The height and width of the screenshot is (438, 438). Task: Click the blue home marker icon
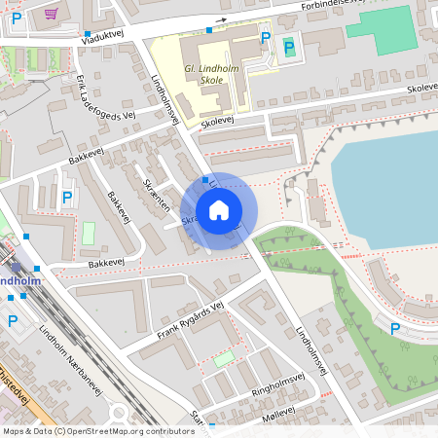[x=219, y=210]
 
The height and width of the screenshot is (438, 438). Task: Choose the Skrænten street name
[x=157, y=195]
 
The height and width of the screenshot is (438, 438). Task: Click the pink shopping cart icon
[x=50, y=13]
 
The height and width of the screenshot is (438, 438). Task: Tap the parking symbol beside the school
[x=266, y=38]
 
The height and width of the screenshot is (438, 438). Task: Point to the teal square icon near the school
[x=288, y=46]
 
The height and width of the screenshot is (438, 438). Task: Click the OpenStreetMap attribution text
[x=97, y=431]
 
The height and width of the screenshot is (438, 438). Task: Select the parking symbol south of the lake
[x=394, y=329]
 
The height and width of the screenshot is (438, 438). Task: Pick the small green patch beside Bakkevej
[x=89, y=235]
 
